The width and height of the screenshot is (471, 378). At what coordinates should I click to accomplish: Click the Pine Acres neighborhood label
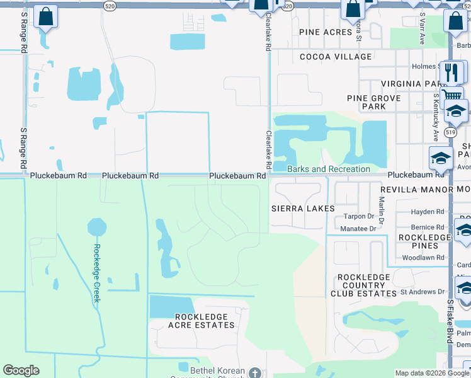tap(325, 32)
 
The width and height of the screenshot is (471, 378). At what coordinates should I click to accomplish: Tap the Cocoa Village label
tap(336, 57)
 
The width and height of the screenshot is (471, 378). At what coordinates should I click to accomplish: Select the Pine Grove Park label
tap(374, 102)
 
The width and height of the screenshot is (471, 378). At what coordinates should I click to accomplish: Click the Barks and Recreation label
tap(329, 169)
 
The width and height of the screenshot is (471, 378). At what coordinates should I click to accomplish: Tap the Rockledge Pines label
tap(424, 242)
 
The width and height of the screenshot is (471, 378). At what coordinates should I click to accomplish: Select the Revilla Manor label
tap(416, 190)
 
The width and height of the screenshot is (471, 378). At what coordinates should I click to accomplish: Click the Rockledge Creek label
tap(97, 273)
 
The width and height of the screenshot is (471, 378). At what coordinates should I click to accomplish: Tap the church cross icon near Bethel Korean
tap(254, 373)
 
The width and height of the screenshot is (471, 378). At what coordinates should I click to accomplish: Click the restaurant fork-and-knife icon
tap(450, 72)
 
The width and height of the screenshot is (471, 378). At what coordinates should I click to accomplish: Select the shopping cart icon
tap(450, 96)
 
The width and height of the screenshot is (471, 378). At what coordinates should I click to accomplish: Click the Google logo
tap(21, 370)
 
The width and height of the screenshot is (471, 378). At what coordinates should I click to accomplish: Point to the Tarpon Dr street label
tap(359, 216)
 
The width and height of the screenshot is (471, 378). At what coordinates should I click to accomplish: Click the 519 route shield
tap(450, 133)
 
